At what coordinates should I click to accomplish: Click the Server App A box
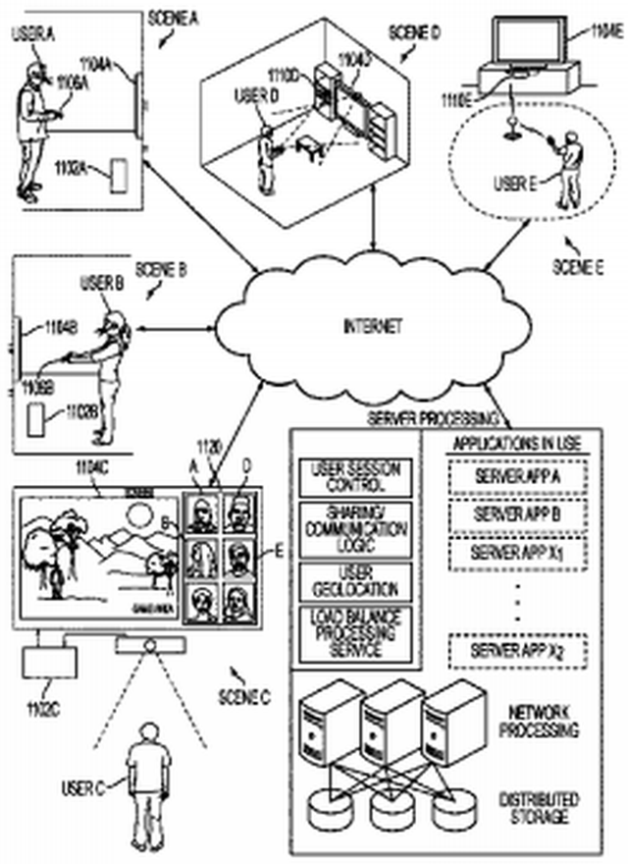coord(515,475)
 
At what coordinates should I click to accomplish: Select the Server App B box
coord(515,513)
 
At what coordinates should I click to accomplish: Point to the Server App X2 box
coord(515,650)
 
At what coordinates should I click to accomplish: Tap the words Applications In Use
coord(515,444)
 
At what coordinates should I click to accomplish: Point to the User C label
coord(83,785)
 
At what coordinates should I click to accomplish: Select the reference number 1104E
coord(602,33)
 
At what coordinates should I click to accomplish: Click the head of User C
coord(149,732)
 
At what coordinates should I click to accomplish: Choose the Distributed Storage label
coord(539,807)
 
